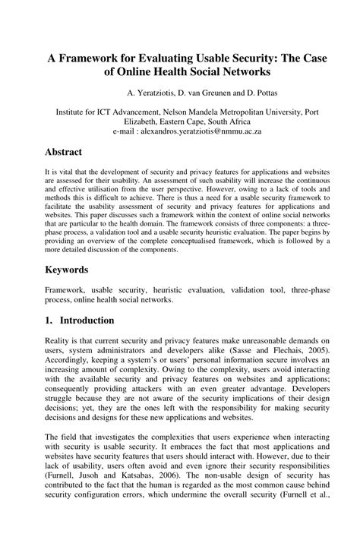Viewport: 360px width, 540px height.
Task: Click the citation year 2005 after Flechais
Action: (x=317, y=352)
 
